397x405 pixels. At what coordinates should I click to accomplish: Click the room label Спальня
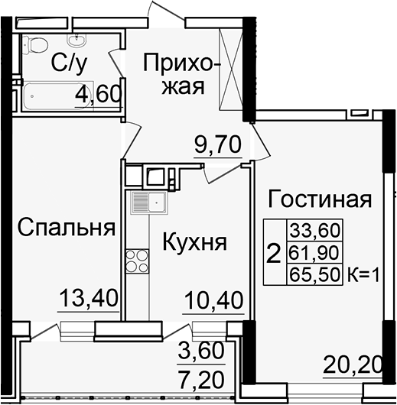[67, 227]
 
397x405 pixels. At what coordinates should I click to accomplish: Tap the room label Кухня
[194, 242]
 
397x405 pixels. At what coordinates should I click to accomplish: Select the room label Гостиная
[319, 200]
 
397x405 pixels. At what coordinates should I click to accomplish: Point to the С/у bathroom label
[68, 63]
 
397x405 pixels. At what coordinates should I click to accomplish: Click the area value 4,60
[98, 95]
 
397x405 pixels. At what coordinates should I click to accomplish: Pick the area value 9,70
[217, 144]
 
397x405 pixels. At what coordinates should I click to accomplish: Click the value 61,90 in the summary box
[314, 252]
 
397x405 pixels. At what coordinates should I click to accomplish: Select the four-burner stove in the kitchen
[138, 261]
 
